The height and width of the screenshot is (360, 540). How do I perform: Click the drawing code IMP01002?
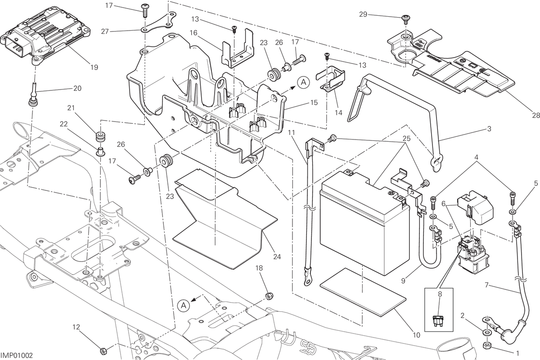tap(17, 355)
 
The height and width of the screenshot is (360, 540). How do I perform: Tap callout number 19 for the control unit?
tap(94, 67)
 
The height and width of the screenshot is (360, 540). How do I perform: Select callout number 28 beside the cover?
tap(535, 116)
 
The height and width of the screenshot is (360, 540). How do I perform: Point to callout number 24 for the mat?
tap(277, 256)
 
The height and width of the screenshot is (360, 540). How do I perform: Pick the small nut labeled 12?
tap(103, 351)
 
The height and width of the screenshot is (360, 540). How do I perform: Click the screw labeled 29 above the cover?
tap(405, 19)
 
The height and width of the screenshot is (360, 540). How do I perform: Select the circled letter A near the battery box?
tap(303, 82)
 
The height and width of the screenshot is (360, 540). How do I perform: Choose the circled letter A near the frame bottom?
tap(184, 306)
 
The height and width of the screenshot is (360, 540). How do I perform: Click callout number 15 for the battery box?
tap(314, 103)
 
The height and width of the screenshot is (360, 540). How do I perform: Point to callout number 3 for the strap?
tap(489, 129)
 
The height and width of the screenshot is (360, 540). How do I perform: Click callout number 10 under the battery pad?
tap(416, 335)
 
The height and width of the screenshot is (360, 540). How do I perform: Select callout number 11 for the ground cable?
tap(292, 133)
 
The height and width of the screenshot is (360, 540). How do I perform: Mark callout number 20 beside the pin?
tap(77, 89)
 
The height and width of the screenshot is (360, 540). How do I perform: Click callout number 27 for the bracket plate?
tap(104, 31)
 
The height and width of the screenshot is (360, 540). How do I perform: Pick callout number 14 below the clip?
tap(338, 112)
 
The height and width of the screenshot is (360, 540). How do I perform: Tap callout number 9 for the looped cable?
tap(403, 281)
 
